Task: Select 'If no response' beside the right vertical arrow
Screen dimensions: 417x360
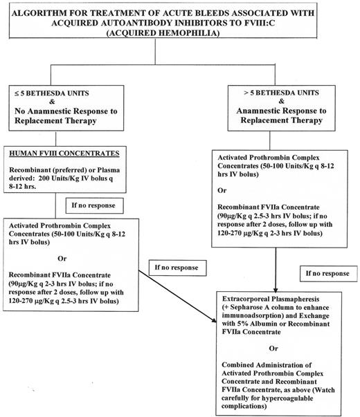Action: (306, 273)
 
